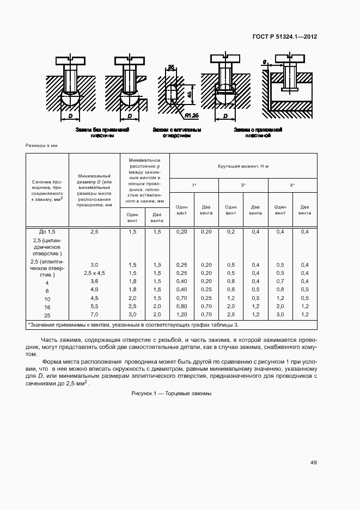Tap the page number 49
point(313,463)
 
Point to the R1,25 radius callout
point(192,115)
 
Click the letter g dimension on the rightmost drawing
point(265,62)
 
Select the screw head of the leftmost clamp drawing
point(70,57)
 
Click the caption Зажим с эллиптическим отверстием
point(177,133)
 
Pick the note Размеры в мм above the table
point(41,146)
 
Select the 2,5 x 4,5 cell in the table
point(94,273)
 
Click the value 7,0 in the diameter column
point(94,315)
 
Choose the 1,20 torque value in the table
point(181,315)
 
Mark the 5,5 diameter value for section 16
point(94,306)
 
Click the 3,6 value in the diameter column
point(94,281)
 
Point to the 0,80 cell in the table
point(181,306)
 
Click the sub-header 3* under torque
point(243,186)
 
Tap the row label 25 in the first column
point(47,315)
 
